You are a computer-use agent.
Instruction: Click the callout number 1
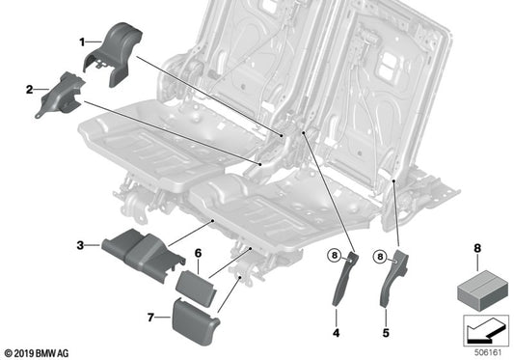[x=82, y=42]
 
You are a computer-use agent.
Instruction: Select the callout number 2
[x=30, y=90]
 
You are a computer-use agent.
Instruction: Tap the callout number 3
[x=81, y=245]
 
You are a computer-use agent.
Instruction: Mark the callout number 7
[x=150, y=317]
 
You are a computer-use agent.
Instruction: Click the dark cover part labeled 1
[x=117, y=53]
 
